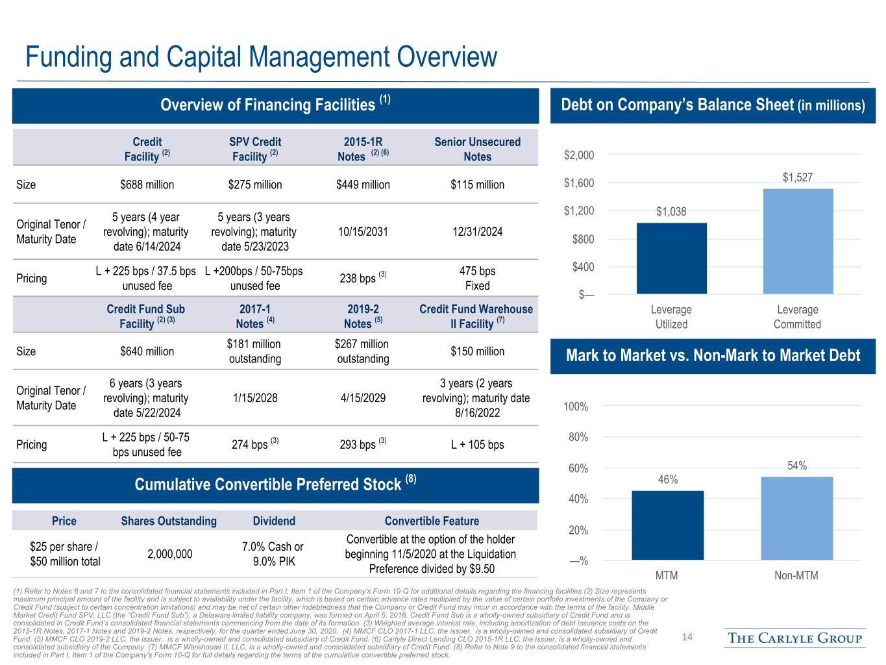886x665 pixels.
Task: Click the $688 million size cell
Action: pyautogui.click(x=147, y=184)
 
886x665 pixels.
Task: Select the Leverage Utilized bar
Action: pyautogui.click(x=672, y=258)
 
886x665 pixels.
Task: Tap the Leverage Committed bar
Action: pyautogui.click(x=798, y=242)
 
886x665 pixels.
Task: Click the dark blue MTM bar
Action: pyautogui.click(x=668, y=525)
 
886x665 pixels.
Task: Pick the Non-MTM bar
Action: pyautogui.click(x=797, y=518)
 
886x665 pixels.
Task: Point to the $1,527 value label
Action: pyautogui.click(x=798, y=177)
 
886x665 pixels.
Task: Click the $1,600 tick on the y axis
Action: pyautogui.click(x=579, y=183)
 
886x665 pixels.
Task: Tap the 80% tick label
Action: pyautogui.click(x=578, y=437)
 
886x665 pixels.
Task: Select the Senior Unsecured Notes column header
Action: pyautogui.click(x=478, y=149)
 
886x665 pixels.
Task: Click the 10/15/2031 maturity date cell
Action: pyautogui.click(x=363, y=232)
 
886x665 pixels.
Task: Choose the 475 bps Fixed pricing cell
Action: pyautogui.click(x=478, y=278)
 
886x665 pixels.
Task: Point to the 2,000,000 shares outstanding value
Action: pyautogui.click(x=170, y=554)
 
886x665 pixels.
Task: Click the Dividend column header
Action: pyautogui.click(x=274, y=521)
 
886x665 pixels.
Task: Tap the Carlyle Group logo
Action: pyautogui.click(x=794, y=638)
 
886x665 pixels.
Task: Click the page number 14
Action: pyautogui.click(x=687, y=637)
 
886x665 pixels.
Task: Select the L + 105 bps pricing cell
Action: pyautogui.click(x=478, y=445)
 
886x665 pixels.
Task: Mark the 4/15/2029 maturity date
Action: pyautogui.click(x=363, y=397)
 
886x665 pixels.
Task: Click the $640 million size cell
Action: pyautogui.click(x=147, y=351)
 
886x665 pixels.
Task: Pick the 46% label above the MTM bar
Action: pyautogui.click(x=668, y=479)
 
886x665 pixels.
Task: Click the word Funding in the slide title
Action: pyautogui.click(x=69, y=57)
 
